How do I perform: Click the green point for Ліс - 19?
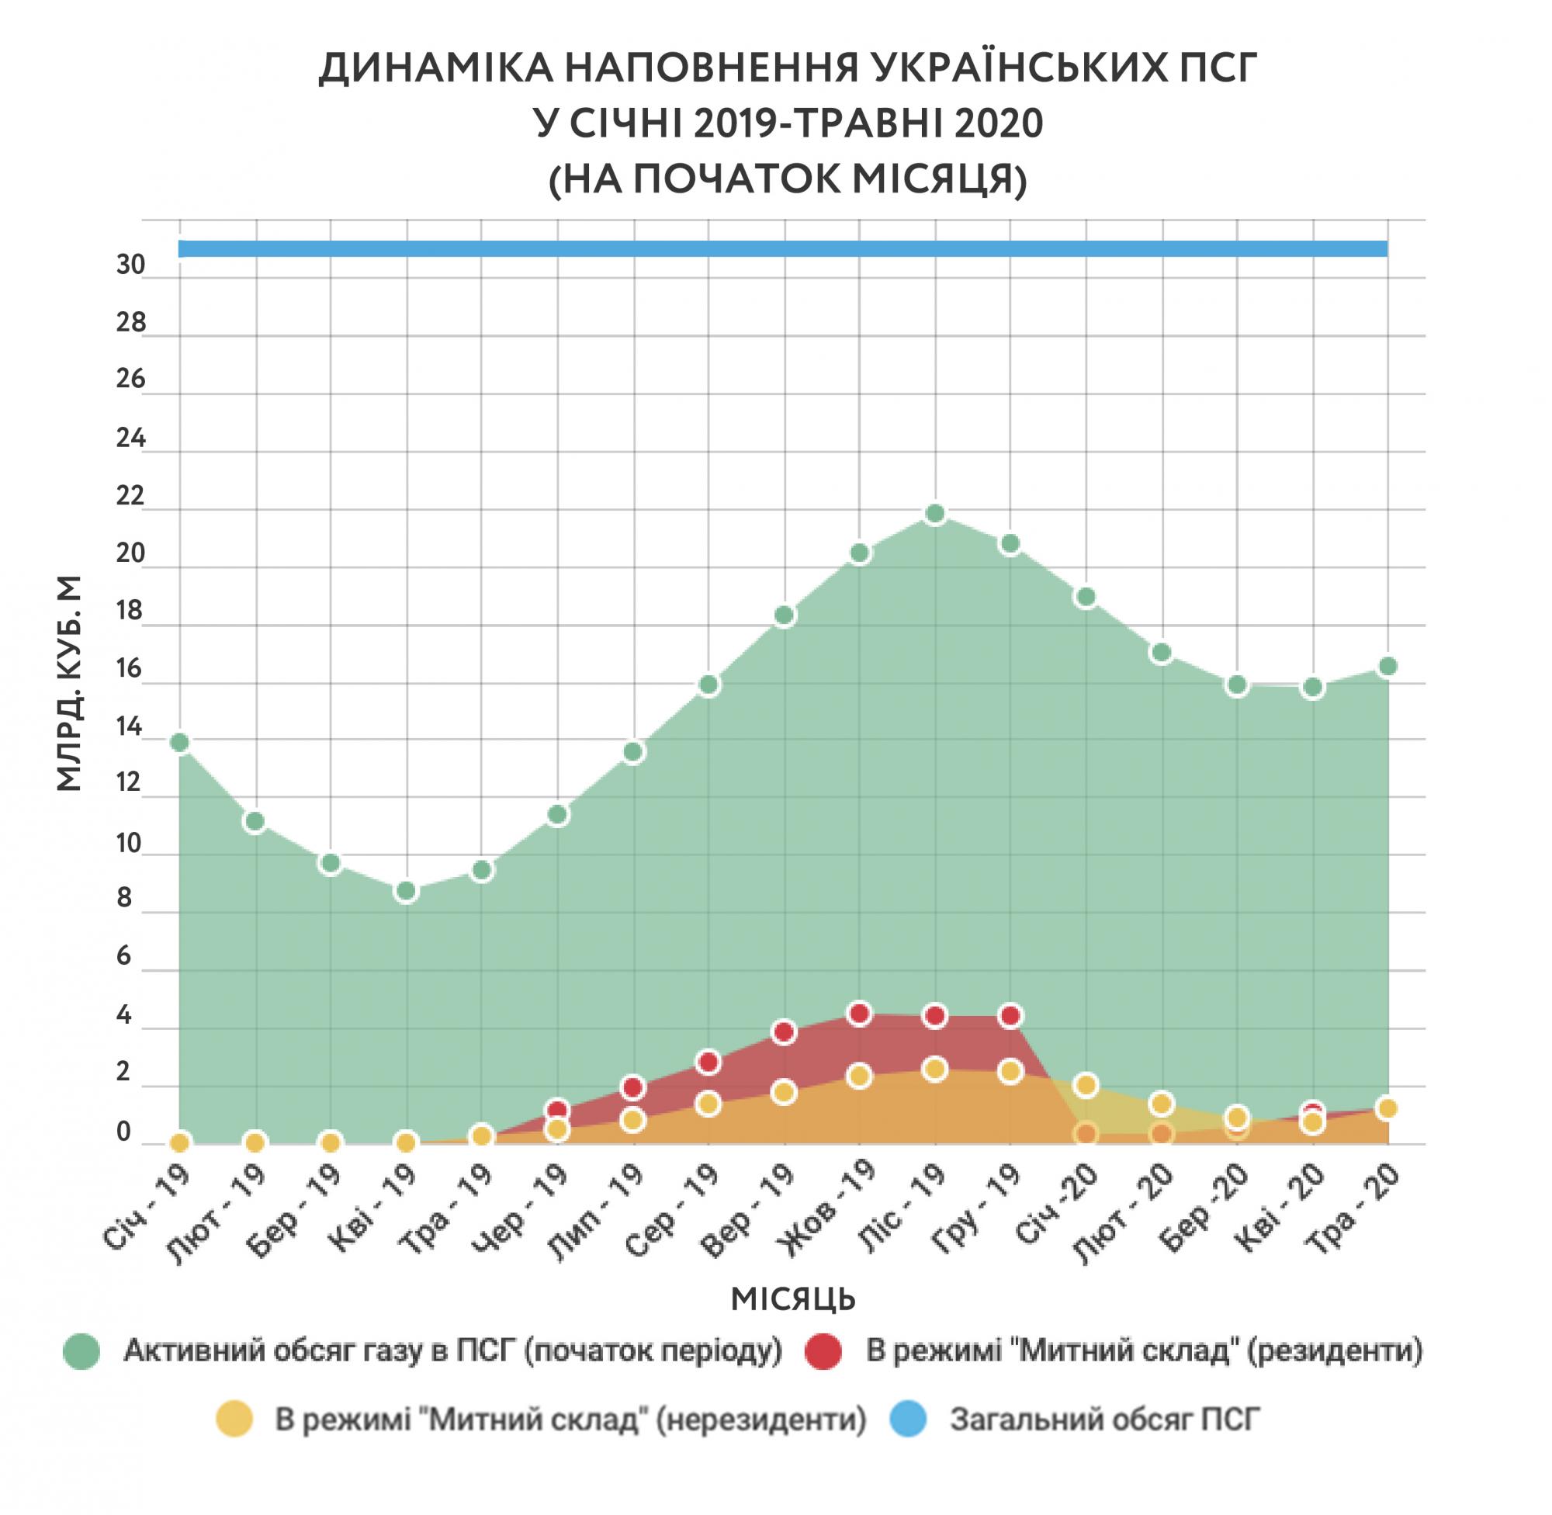coord(936,514)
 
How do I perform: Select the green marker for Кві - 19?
coord(407,891)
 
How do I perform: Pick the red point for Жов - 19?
coord(859,1014)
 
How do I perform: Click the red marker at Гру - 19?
coord(1010,1016)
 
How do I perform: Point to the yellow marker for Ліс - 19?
coord(936,1070)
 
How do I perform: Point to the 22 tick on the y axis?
coord(131,497)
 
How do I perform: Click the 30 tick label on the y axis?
coord(131,265)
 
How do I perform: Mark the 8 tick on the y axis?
coord(125,898)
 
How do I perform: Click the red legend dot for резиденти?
coord(823,1351)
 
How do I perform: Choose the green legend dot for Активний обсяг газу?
coord(81,1351)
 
